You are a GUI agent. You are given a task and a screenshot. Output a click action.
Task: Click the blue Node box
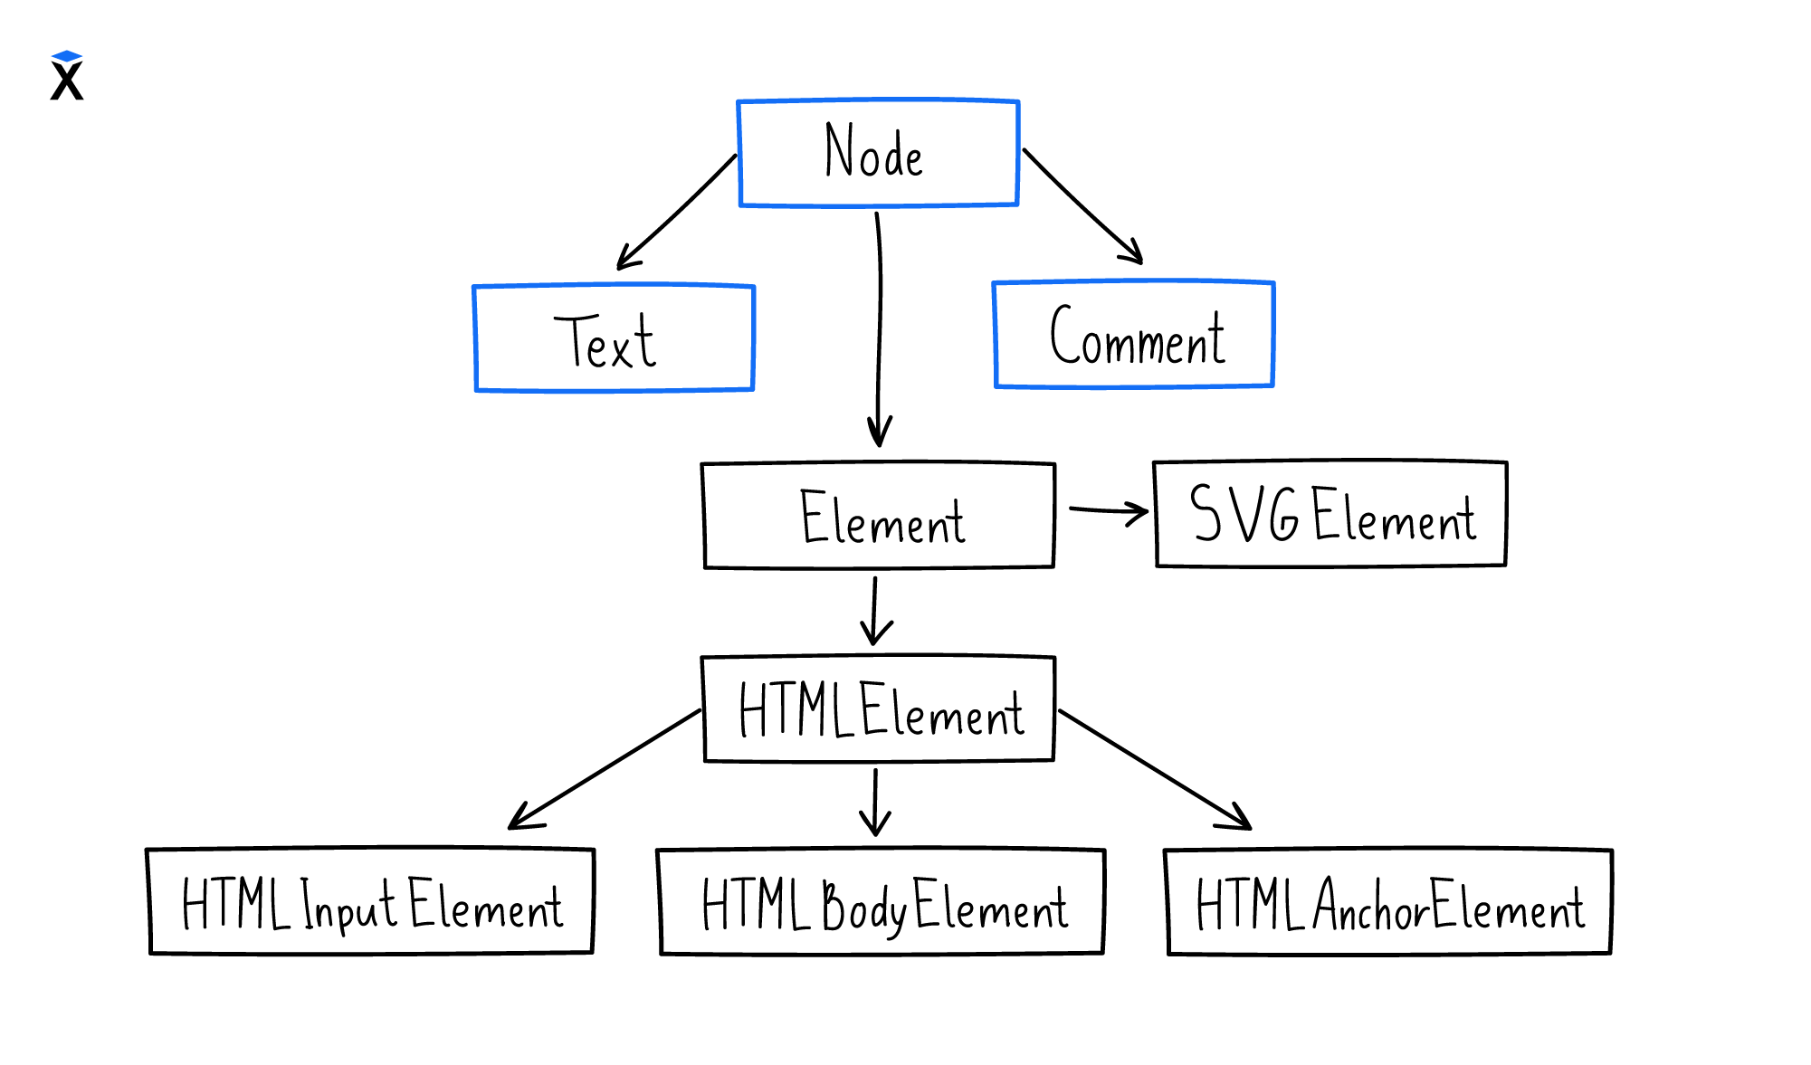click(878, 153)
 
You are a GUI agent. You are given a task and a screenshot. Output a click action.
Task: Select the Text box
click(614, 338)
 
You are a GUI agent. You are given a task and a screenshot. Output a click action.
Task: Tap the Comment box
click(1133, 335)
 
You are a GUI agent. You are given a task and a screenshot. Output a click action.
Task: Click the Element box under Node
click(879, 516)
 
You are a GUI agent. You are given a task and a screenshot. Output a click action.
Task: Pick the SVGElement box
click(1330, 514)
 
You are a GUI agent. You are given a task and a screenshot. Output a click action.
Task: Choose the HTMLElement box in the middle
click(879, 709)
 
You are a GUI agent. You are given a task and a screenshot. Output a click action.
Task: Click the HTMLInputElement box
click(370, 901)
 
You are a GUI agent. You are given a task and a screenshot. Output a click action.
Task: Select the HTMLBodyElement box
click(882, 902)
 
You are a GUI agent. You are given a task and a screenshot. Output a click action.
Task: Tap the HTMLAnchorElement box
click(1389, 902)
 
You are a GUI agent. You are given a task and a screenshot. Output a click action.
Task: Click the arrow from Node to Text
click(676, 213)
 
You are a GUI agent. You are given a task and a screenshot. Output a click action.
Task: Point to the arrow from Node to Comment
click(1082, 207)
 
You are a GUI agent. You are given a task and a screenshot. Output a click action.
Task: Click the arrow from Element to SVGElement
click(1107, 511)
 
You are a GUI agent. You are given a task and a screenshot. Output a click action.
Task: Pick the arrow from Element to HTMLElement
click(874, 612)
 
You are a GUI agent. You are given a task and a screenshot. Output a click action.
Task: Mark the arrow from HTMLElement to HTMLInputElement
click(604, 769)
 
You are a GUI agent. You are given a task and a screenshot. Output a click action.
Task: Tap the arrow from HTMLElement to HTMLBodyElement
click(875, 803)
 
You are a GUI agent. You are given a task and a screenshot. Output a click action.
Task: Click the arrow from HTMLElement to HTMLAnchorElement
click(1155, 770)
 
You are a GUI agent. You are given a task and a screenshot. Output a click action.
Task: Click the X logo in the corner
click(67, 76)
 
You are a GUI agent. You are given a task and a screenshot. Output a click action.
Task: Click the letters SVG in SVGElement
click(1244, 513)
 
